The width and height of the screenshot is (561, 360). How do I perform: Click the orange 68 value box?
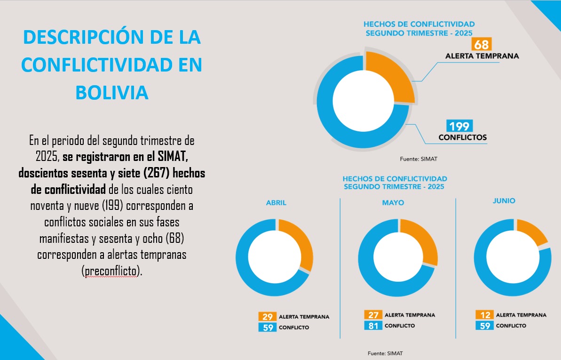pos(481,45)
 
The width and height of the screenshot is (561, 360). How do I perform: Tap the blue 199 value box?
pos(458,126)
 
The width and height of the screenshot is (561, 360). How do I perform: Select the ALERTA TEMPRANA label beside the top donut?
pos(482,56)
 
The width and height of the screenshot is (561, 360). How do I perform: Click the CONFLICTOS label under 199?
pos(462,138)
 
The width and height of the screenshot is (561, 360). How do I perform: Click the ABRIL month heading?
pos(276,203)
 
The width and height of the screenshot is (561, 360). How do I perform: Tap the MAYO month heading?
pos(393,203)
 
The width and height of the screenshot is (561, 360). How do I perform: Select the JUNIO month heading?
pos(504,200)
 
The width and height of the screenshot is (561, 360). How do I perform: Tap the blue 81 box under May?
pos(372,326)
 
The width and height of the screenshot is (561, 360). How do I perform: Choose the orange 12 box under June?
pos(484,315)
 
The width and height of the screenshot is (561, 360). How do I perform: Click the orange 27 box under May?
pos(372,315)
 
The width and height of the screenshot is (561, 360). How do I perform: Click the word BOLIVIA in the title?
pos(112,92)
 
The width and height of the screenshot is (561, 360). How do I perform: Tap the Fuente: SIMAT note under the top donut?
pos(418,159)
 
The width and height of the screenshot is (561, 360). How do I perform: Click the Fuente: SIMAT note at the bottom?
pos(385,353)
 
